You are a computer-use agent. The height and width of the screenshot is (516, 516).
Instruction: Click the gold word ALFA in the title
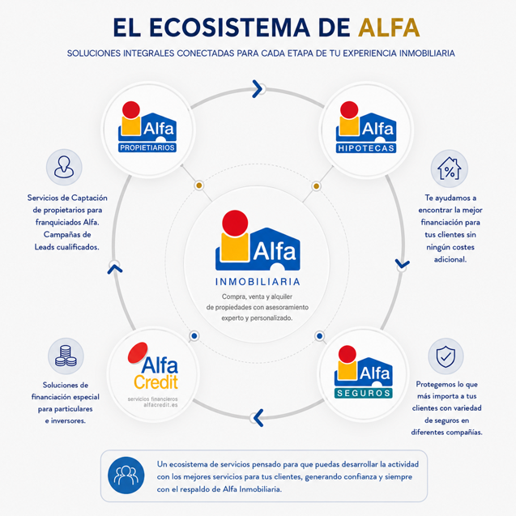click(389, 28)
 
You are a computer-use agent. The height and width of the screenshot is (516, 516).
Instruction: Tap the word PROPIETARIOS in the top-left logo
click(147, 147)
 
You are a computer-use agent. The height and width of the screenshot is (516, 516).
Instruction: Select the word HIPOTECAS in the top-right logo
click(366, 148)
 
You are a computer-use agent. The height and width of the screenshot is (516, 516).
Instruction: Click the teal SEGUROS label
click(363, 393)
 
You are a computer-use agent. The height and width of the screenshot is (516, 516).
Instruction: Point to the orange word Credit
click(156, 382)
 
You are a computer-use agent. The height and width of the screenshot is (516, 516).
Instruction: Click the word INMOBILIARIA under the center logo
click(258, 282)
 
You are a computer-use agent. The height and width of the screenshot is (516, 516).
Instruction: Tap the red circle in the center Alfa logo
click(235, 223)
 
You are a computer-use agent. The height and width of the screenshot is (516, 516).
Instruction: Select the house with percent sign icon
click(450, 168)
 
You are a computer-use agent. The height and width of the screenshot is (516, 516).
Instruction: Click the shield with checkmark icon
click(446, 356)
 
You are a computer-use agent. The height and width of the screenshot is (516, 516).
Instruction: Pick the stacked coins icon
click(66, 356)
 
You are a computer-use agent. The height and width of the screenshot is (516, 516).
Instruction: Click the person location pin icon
click(64, 167)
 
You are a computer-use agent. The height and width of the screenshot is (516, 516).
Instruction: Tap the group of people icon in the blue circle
click(126, 475)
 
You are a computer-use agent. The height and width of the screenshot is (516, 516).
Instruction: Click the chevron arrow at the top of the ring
click(258, 89)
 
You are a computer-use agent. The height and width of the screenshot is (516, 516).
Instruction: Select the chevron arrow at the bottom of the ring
click(258, 418)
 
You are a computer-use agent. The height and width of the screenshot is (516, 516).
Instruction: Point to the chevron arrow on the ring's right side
click(402, 263)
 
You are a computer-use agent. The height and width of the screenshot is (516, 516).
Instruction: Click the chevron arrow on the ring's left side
click(115, 269)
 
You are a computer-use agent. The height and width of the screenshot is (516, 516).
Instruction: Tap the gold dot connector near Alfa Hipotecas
click(316, 186)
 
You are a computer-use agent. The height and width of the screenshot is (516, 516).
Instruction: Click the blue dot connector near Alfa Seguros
click(319, 336)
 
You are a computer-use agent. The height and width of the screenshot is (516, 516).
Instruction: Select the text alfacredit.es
click(160, 405)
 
